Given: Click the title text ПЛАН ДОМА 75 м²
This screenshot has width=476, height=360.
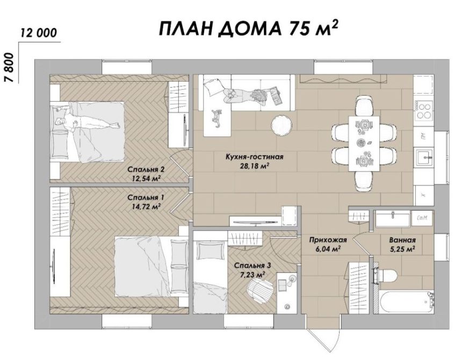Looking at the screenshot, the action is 249,29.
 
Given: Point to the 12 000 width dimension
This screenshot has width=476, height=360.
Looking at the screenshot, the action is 39,32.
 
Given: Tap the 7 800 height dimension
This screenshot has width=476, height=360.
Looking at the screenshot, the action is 9,67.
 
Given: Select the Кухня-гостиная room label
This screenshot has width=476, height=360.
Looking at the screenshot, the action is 255,157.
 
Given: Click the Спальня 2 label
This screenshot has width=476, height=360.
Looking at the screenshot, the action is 146,169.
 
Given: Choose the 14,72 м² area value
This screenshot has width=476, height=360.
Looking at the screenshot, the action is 146,207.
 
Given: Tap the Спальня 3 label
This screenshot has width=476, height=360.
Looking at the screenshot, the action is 253,265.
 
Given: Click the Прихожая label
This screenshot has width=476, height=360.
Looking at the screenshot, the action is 328,240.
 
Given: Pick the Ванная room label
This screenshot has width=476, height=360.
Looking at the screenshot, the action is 402,240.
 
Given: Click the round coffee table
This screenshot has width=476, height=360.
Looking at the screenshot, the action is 282,125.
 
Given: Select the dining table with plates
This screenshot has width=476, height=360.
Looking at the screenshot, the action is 364,143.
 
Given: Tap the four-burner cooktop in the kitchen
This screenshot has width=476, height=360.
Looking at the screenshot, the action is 424,111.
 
